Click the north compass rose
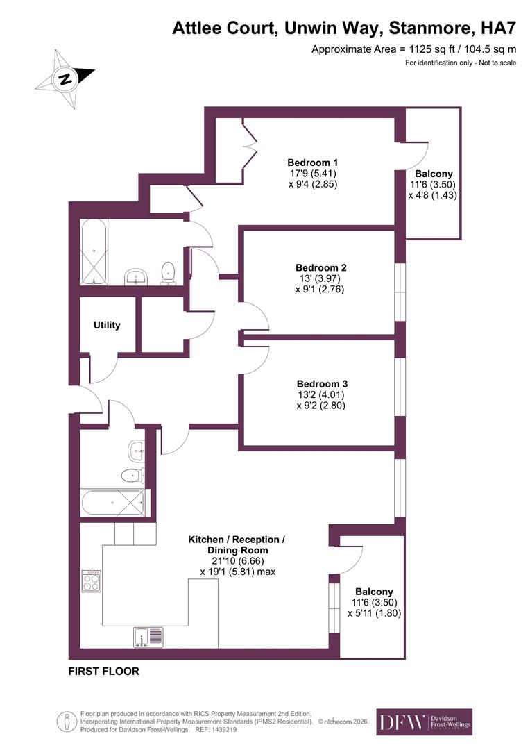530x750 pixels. [x=65, y=78]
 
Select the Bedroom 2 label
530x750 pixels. [x=320, y=267]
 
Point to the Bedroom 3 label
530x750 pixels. [x=322, y=383]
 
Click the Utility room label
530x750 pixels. [x=107, y=325]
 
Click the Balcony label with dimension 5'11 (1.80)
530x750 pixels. [x=375, y=592]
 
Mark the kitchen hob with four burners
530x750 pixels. [x=92, y=581]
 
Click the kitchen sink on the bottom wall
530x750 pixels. [x=149, y=635]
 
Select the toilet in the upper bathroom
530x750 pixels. [x=167, y=272]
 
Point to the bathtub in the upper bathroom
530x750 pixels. [x=93, y=251]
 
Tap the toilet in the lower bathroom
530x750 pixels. [x=130, y=476]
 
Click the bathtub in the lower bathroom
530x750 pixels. [x=113, y=502]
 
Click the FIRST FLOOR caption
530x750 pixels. [x=103, y=672]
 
